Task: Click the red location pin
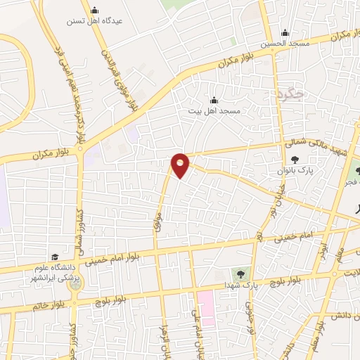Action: (181, 165)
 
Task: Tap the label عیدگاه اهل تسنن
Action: (94, 21)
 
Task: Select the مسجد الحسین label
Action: (285, 44)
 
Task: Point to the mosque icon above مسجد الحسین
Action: (285, 32)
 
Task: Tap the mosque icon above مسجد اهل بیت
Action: (214, 100)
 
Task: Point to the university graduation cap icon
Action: (54, 257)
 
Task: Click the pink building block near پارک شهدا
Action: (206, 303)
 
